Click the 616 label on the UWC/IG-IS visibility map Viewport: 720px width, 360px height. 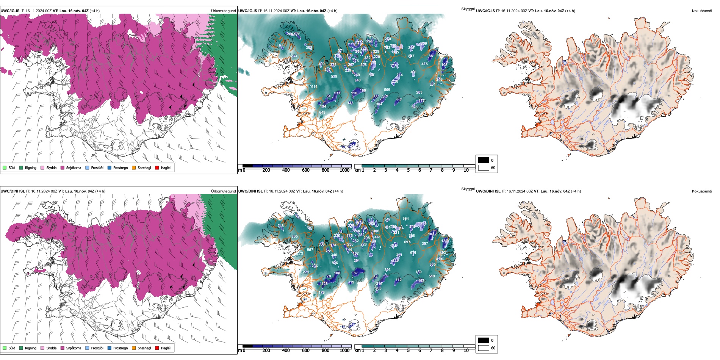314,87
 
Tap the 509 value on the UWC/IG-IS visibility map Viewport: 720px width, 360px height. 387,90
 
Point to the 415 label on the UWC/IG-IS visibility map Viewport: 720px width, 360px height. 424,64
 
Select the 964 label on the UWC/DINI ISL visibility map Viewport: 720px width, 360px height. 405,219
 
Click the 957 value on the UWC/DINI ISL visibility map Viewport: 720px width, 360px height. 310,250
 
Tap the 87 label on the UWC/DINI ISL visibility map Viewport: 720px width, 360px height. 355,273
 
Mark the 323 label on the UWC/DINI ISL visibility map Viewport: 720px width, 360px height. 387,270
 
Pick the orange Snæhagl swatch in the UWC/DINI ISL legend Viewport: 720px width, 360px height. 134,348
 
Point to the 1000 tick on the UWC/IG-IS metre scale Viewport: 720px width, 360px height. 344,170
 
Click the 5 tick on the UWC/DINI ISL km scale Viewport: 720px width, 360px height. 408,351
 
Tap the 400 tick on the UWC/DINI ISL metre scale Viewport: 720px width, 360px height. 286,351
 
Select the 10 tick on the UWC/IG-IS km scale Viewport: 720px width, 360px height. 466,170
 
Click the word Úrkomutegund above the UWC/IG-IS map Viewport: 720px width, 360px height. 223,11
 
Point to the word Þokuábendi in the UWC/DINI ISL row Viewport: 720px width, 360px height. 702,191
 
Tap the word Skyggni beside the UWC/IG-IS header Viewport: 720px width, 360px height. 468,9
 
